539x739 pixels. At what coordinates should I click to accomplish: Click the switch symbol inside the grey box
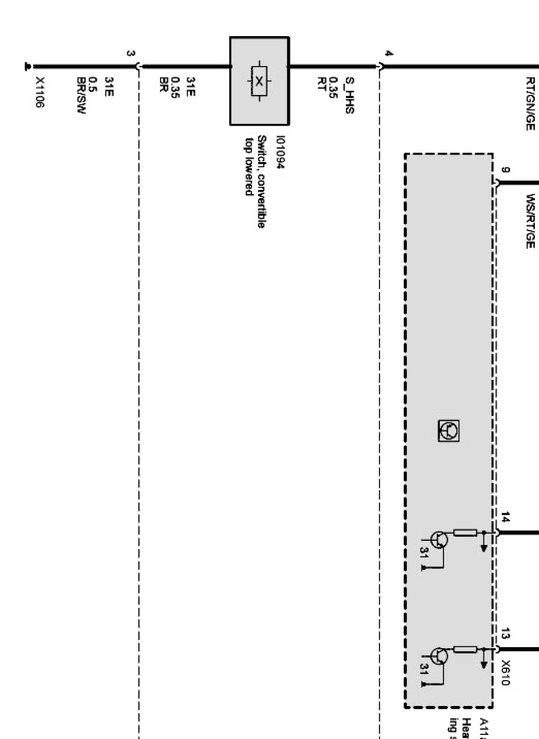coord(259,81)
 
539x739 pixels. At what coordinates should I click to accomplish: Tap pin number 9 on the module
coord(505,171)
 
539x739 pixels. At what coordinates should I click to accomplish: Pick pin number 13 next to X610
coord(505,635)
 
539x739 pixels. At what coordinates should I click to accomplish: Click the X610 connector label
coord(505,672)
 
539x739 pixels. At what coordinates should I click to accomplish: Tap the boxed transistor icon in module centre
coord(448,431)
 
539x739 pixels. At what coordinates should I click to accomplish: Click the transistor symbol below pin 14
coord(439,539)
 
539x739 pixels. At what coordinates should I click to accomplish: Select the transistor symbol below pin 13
coord(439,656)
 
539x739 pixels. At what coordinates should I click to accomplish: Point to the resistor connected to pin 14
coord(465,533)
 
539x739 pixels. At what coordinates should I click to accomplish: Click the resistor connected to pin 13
coord(465,650)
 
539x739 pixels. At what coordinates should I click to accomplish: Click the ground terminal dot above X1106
coord(27,67)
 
